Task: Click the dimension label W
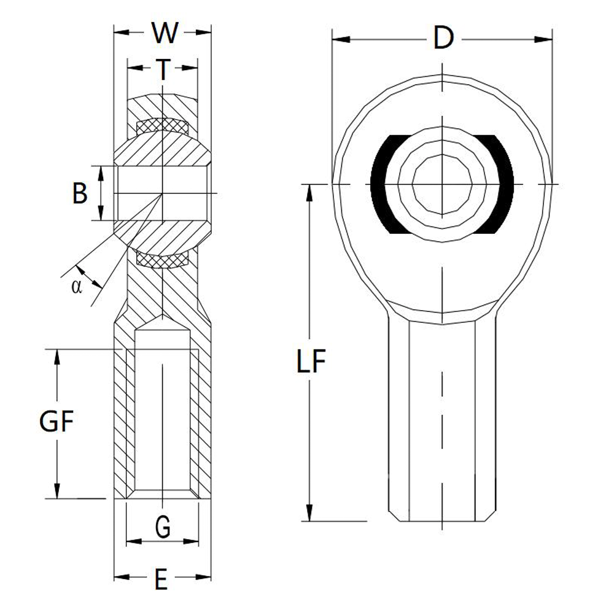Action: point(163,33)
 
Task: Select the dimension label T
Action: point(162,69)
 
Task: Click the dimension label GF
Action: point(56,422)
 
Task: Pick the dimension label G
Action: point(162,526)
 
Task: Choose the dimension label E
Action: point(161,579)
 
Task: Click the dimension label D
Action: point(442,39)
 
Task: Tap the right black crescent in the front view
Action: point(503,184)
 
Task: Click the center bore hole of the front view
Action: point(442,184)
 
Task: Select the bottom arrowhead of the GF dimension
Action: point(57,491)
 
